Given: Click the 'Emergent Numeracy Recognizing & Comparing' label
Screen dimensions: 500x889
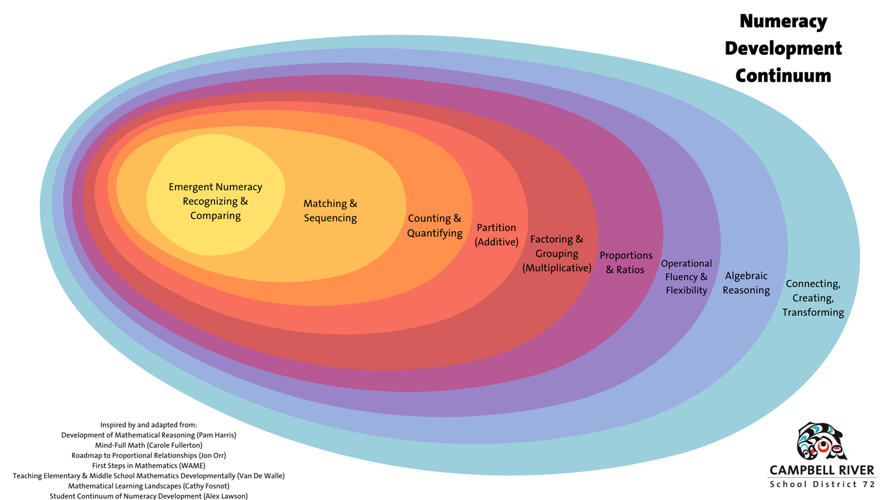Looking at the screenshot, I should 216,201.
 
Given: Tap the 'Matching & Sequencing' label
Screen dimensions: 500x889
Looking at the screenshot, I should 330,211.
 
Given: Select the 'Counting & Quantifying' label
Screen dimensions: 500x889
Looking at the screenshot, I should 434,226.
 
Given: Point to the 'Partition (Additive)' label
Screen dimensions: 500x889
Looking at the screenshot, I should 496,234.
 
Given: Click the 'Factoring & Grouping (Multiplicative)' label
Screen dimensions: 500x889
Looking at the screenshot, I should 557,253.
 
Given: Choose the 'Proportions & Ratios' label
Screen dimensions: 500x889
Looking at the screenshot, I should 626,262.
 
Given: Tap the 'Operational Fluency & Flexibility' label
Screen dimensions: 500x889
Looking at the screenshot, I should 686,277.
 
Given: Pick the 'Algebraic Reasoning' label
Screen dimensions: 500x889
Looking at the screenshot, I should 746,283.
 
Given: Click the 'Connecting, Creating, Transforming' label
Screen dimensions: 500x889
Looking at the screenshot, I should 813,298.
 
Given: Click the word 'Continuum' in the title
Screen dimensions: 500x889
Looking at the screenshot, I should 783,76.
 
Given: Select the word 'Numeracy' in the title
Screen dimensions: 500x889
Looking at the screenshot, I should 783,21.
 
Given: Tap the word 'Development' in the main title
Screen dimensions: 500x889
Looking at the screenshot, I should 783,48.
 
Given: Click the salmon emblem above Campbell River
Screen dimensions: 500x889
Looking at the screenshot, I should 821,441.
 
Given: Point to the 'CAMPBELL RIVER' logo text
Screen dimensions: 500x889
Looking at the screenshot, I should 822,470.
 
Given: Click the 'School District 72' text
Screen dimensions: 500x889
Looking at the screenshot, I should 822,484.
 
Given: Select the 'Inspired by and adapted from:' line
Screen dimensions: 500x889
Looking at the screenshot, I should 148,425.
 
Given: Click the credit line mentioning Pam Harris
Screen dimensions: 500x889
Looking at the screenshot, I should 148,435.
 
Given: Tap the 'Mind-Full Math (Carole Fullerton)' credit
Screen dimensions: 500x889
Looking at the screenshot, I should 148,445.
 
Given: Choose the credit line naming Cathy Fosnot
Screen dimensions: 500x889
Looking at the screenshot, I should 148,486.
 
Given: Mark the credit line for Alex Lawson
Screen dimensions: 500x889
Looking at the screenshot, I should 148,496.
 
